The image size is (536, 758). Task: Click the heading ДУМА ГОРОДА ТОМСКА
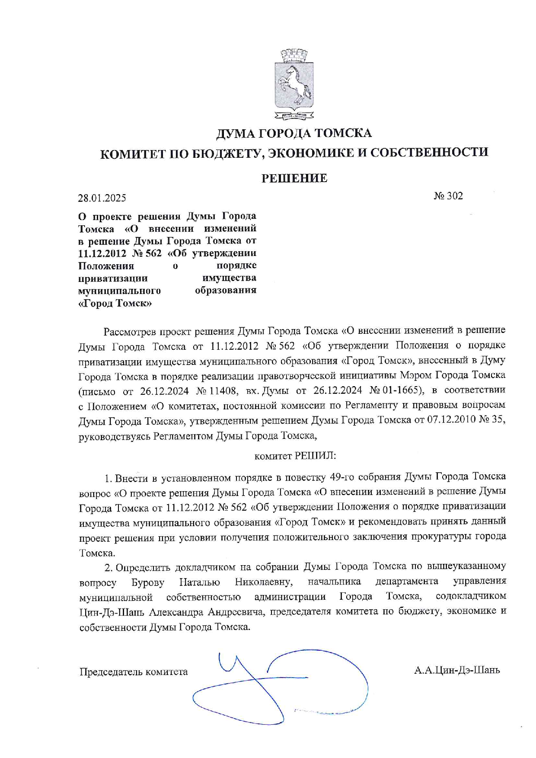pos(294,133)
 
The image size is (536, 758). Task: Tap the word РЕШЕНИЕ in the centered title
pos(294,178)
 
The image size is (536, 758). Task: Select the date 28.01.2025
pos(102,198)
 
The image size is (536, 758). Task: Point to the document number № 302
pos(448,196)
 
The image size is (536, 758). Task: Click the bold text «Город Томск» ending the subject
pos(115,303)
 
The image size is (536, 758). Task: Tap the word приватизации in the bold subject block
pos(113,278)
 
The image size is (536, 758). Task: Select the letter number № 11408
pos(217,391)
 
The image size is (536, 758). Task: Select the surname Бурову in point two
pos(148,582)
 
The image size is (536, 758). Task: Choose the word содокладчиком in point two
pos(471,597)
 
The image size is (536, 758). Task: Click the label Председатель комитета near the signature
pos(134,672)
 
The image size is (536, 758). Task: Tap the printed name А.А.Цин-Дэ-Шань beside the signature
pos(457,671)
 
